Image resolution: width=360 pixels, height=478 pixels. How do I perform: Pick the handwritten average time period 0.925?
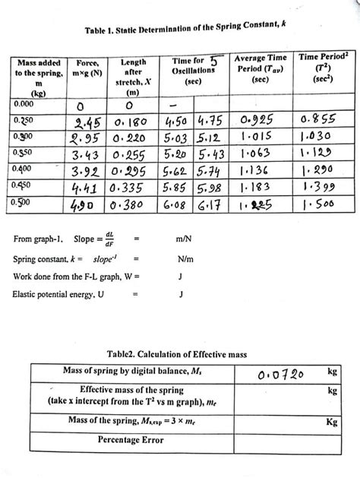point(261,124)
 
